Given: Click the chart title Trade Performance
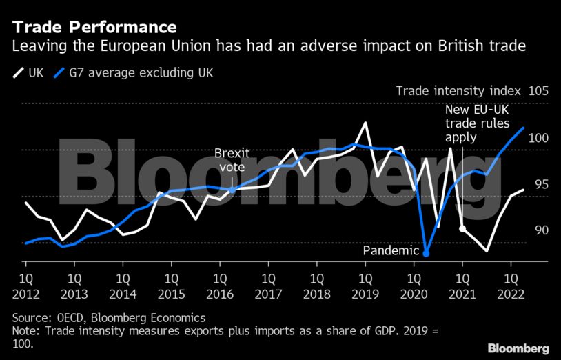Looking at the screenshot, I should coord(94,28).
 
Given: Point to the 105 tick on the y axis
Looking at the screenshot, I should coord(537,92).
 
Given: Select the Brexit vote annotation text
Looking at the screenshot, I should coord(232,160).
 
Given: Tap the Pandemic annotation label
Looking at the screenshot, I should coord(391,251).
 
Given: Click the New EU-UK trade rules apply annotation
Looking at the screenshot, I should coord(477,123).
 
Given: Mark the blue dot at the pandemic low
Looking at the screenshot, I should coord(427,254).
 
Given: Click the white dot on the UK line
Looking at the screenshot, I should coord(462,228).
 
